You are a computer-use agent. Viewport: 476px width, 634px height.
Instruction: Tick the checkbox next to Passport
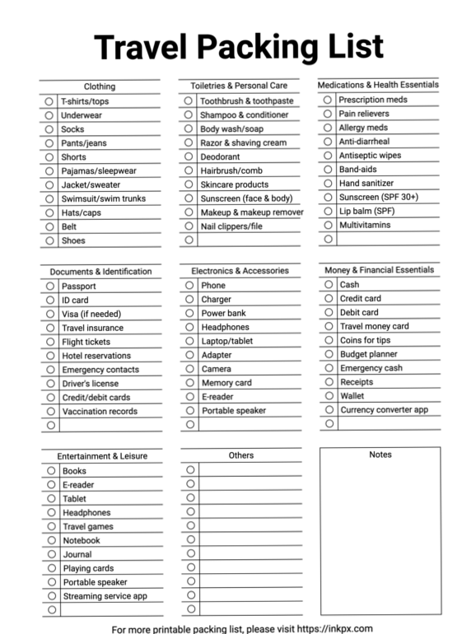pos(49,287)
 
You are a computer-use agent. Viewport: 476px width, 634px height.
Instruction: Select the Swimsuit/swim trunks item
pos(103,198)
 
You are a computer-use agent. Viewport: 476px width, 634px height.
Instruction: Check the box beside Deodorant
pos(189,156)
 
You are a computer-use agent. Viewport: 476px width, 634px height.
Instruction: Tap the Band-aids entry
pos(357,170)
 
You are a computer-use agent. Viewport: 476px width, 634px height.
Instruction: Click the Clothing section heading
pos(100,86)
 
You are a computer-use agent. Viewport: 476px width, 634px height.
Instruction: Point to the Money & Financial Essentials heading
pos(379,270)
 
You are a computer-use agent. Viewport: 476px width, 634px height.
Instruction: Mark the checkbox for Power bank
pos(189,314)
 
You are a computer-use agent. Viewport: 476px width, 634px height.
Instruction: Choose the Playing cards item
pos(89,568)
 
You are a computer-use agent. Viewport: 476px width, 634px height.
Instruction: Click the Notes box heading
pos(380,455)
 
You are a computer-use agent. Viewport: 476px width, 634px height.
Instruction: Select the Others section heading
pos(241,455)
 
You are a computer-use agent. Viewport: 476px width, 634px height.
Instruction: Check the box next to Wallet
pos(329,396)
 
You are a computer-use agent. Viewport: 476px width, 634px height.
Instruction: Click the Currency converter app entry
pos(384,410)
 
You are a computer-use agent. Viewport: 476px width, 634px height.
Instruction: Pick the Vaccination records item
pos(99,412)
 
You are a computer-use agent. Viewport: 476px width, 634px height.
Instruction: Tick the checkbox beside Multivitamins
pos(327,225)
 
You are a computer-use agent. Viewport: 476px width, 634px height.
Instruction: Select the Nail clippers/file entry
pos(231,226)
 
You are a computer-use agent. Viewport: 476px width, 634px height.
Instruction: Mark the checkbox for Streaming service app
pos(50,596)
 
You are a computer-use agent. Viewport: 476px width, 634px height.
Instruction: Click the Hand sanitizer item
pos(366,184)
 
